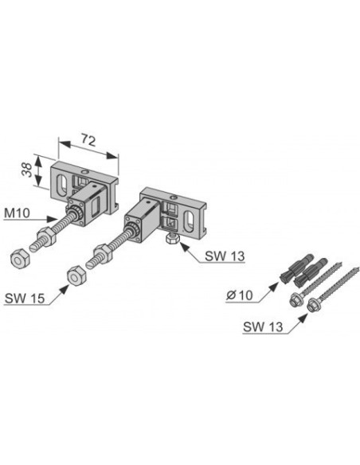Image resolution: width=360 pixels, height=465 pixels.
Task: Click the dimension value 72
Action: coord(88,140)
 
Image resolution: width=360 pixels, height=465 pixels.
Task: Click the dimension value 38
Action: coord(28,170)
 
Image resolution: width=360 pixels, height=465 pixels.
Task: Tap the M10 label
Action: coord(17,213)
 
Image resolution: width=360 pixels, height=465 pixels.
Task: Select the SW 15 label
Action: coord(25,298)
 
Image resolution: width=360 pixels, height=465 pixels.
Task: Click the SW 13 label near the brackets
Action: coord(225,256)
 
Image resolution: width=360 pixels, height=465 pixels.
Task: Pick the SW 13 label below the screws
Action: coord(263,326)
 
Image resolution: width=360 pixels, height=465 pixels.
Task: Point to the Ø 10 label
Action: coord(240,295)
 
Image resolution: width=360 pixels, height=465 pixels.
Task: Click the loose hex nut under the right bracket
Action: coord(172,238)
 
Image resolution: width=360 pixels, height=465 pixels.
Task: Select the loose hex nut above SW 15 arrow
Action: coord(76,276)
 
